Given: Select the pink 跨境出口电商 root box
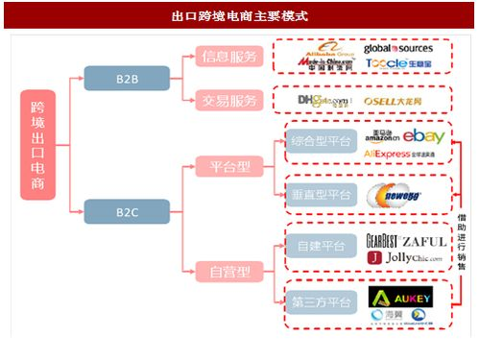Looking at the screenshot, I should click(x=38, y=144).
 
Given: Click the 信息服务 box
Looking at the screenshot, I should click(x=229, y=57).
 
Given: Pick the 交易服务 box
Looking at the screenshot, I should click(x=229, y=100).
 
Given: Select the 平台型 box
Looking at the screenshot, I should click(x=229, y=166).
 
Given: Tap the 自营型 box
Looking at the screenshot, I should click(x=229, y=272).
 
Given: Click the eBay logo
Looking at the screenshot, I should click(x=422, y=136).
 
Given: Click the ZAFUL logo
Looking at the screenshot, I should click(x=423, y=241).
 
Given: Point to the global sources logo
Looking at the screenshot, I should click(x=398, y=48).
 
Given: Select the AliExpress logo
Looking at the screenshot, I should click(x=393, y=154).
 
